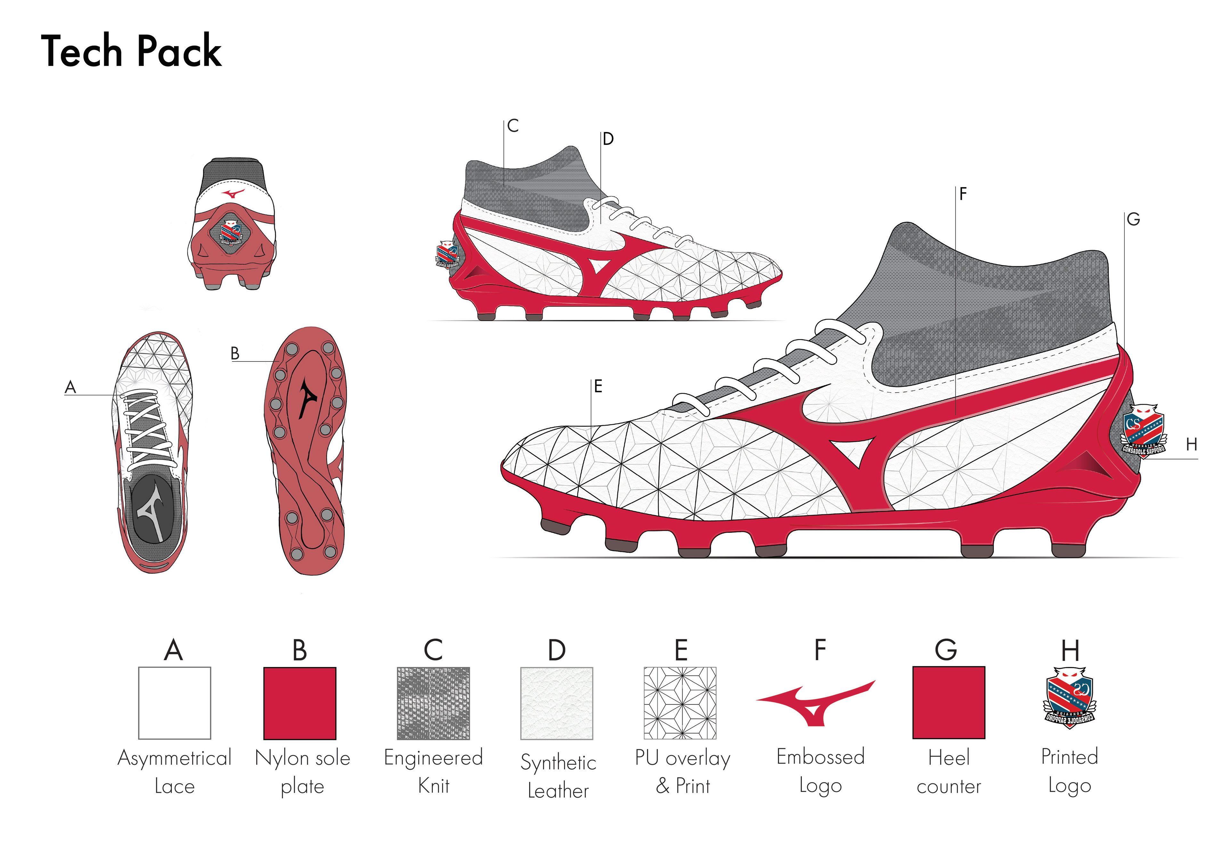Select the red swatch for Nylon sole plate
tap(300, 702)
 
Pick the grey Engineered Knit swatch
tap(433, 702)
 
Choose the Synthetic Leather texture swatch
tap(557, 703)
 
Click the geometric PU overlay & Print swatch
tap(680, 702)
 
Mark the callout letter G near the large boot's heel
tap(1133, 219)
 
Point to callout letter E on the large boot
tap(598, 386)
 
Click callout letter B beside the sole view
tap(235, 353)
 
